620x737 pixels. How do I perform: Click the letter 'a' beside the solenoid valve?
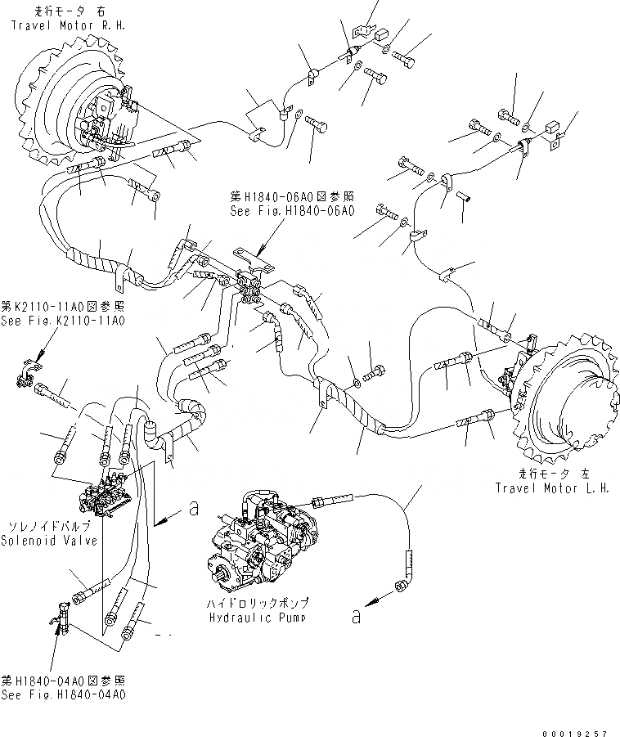pyautogui.click(x=193, y=509)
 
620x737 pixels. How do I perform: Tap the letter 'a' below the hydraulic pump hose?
pyautogui.click(x=355, y=616)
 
